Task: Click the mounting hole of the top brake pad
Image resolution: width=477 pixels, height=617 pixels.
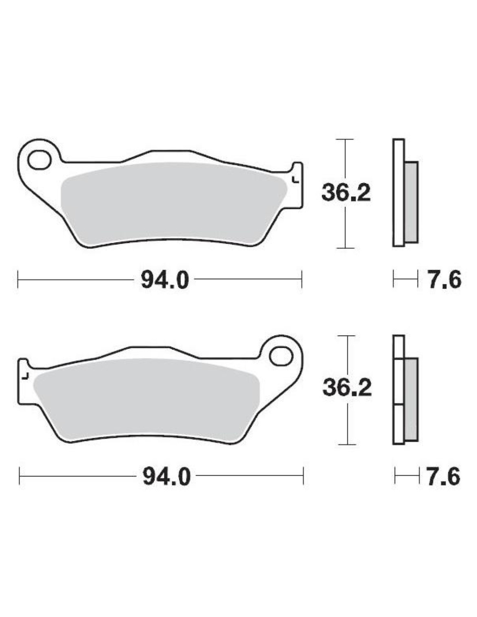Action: [x=39, y=159]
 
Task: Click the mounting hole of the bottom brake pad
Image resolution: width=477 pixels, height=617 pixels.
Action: [x=281, y=356]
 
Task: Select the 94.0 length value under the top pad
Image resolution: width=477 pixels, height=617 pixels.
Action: [x=165, y=279]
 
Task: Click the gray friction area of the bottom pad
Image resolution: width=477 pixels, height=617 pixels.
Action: [x=146, y=401]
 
